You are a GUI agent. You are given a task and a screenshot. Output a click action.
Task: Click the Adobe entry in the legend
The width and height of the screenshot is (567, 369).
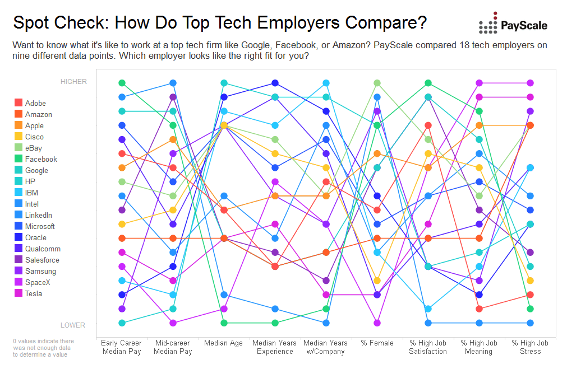[35, 103]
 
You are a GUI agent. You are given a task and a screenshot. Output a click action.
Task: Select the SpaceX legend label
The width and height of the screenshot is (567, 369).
[38, 282]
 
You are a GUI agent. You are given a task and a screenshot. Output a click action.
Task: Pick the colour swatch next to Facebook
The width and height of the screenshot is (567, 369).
[19, 159]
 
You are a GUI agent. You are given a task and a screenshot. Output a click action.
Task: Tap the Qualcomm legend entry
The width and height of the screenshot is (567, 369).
[43, 249]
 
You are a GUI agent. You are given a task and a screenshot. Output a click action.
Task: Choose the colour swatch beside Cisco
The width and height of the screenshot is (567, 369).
[19, 137]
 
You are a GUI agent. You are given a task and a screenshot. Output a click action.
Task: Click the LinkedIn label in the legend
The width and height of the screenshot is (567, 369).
[39, 215]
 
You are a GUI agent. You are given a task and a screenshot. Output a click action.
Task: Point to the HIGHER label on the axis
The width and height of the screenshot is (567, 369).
[73, 82]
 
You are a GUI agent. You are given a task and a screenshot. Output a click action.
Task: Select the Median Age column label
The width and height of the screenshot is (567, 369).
[223, 343]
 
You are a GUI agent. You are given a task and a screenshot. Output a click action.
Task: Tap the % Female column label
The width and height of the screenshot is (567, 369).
[377, 343]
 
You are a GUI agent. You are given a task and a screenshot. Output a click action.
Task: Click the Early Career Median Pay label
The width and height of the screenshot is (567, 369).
[121, 347]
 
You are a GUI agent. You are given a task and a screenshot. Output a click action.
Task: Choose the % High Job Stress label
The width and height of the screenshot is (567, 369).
[530, 347]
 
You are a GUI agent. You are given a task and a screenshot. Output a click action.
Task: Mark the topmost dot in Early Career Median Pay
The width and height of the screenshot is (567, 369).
[122, 83]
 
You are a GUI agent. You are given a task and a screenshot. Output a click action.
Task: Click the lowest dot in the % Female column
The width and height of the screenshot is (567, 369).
[377, 323]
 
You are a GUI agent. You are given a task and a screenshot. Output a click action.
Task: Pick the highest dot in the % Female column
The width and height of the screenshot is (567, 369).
[377, 83]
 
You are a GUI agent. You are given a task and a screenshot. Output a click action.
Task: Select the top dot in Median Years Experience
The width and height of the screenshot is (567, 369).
[275, 83]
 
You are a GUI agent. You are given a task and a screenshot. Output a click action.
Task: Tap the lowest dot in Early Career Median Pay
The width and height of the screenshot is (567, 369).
[122, 323]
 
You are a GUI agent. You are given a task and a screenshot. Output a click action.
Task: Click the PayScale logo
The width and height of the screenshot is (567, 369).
[513, 24]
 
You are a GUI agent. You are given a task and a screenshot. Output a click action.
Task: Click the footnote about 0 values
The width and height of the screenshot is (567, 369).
[43, 348]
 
